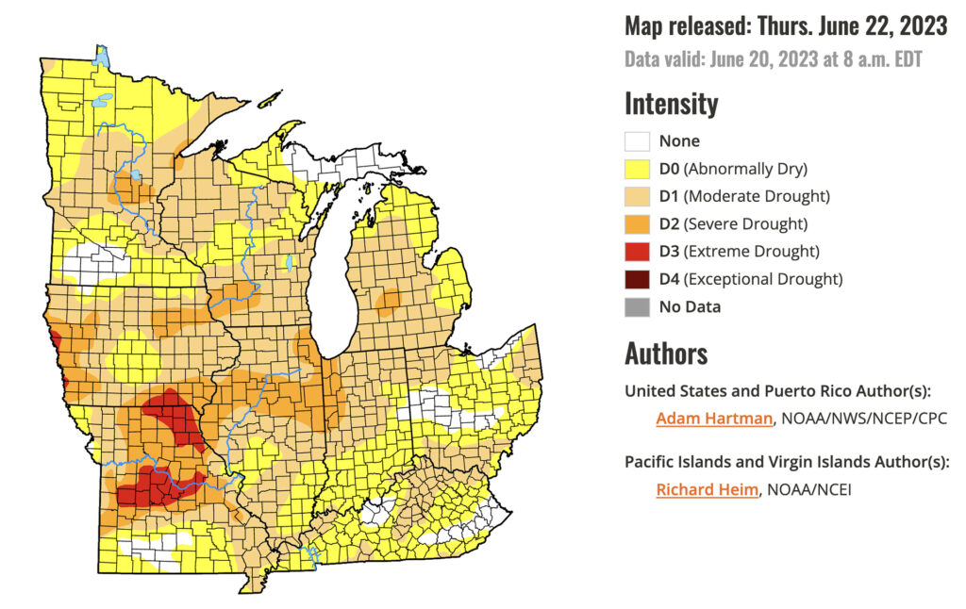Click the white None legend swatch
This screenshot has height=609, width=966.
pyautogui.click(x=637, y=141)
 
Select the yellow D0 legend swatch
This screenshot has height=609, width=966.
pyautogui.click(x=637, y=169)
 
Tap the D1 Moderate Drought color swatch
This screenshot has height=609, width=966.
pyautogui.click(x=637, y=196)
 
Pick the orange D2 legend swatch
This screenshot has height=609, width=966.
pyautogui.click(x=637, y=224)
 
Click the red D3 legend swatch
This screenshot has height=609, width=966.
pyautogui.click(x=637, y=252)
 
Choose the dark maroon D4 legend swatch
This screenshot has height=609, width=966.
pyautogui.click(x=637, y=279)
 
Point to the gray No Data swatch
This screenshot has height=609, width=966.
pyautogui.click(x=637, y=306)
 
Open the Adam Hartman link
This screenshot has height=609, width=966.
pyautogui.click(x=714, y=419)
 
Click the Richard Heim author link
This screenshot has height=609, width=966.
pyautogui.click(x=707, y=489)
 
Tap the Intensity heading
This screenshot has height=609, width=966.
pyautogui.click(x=671, y=103)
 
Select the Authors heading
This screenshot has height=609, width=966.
pyautogui.click(x=666, y=354)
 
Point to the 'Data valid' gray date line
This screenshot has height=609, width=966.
pyautogui.click(x=773, y=59)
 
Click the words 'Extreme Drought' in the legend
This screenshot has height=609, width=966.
pyautogui.click(x=753, y=252)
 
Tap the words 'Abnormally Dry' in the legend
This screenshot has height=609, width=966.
pyautogui.click(x=746, y=169)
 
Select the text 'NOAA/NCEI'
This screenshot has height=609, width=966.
pyautogui.click(x=809, y=489)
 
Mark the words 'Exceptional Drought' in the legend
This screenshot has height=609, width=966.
pyautogui.click(x=764, y=279)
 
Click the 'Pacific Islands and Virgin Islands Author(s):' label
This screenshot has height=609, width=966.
pyautogui.click(x=786, y=462)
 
